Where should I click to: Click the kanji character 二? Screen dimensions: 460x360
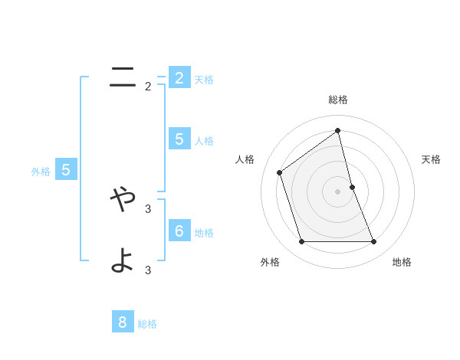click(x=123, y=77)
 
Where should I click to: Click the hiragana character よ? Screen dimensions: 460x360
click(x=123, y=260)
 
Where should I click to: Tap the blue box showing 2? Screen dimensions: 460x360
click(x=179, y=77)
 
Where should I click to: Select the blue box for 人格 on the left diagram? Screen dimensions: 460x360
click(x=179, y=139)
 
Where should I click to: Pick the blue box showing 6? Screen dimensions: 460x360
click(x=179, y=231)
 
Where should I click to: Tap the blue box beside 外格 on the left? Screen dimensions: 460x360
click(x=66, y=170)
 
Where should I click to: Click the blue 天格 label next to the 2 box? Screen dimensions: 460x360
click(x=204, y=79)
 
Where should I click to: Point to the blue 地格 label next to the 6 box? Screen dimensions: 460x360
click(x=204, y=232)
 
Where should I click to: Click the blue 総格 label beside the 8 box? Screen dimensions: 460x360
click(x=147, y=324)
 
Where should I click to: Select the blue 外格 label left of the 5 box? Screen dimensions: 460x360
click(x=41, y=172)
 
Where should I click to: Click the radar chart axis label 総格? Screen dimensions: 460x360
click(x=338, y=100)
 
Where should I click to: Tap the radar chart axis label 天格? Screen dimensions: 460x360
click(x=431, y=159)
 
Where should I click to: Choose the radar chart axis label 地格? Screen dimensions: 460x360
click(x=402, y=262)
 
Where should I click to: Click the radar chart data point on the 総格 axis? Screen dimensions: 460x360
click(x=338, y=130)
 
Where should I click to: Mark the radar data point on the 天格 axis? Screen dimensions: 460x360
click(x=352, y=186)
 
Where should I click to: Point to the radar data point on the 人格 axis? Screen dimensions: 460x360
click(x=280, y=172)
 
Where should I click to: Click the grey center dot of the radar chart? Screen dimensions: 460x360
click(x=338, y=191)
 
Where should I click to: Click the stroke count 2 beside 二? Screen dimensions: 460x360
click(x=148, y=87)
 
